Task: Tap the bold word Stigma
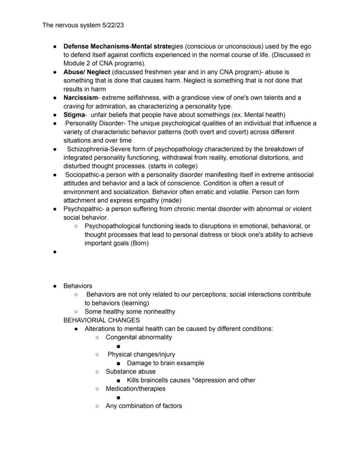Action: pyautogui.click(x=74, y=115)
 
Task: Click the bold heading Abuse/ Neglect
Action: pyautogui.click(x=87, y=72)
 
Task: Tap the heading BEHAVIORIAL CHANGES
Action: pyautogui.click(x=101, y=320)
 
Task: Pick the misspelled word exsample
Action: pyautogui.click(x=189, y=363)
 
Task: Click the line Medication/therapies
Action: pyautogui.click(x=135, y=389)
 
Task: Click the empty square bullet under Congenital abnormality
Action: pyautogui.click(x=119, y=346)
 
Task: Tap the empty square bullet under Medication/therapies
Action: pyautogui.click(x=119, y=398)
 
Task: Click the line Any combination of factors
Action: pyautogui.click(x=143, y=406)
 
